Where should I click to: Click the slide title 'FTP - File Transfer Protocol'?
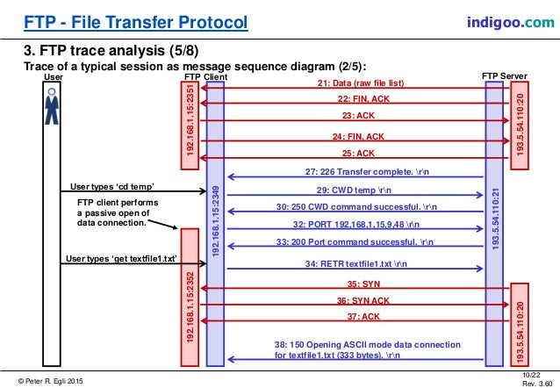pyautogui.click(x=122, y=20)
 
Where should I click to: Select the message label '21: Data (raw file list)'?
pyautogui.click(x=360, y=83)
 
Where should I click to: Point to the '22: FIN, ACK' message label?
pyautogui.click(x=361, y=99)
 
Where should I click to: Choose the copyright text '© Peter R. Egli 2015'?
pyautogui.click(x=45, y=379)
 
